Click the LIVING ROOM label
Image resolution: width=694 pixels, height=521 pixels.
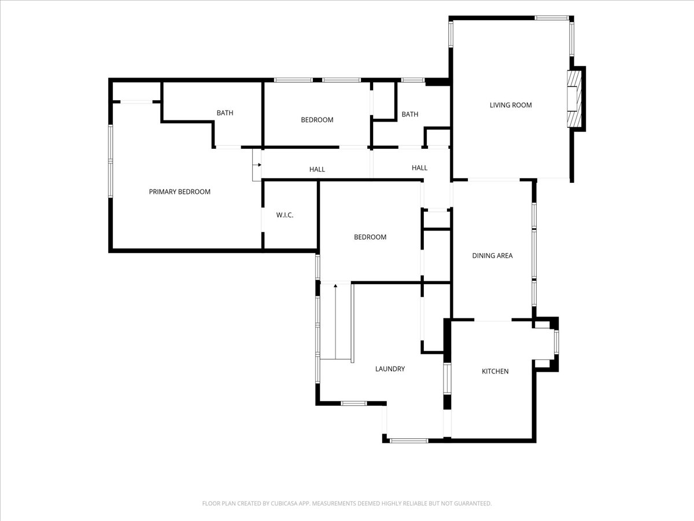(x=511, y=105)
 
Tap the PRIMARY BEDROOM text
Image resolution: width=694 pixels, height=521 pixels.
(x=180, y=192)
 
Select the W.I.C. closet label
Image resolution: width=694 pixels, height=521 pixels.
(x=285, y=215)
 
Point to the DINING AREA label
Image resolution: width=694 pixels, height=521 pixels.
(x=492, y=256)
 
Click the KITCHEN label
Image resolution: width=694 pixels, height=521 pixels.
(x=495, y=372)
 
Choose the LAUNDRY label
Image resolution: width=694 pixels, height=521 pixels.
(x=390, y=369)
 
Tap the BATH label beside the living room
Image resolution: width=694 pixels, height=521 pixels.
(x=410, y=114)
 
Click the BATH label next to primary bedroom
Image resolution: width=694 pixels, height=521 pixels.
(x=225, y=113)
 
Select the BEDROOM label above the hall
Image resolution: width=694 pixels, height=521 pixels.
(x=317, y=120)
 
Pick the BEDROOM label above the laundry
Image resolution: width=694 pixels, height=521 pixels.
(x=370, y=237)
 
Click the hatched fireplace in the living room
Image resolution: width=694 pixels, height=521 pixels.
(x=574, y=98)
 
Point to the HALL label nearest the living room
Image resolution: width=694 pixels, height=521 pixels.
(x=419, y=168)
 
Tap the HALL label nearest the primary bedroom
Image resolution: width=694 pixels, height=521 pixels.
(x=317, y=170)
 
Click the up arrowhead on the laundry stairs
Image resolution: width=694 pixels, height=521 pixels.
(x=335, y=286)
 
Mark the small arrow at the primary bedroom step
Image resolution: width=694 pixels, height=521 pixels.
(x=259, y=165)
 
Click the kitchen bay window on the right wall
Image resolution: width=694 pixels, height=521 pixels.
(x=556, y=342)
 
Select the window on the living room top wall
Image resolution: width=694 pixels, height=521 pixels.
(x=552, y=18)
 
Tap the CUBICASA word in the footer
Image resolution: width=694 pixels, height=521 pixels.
(x=283, y=503)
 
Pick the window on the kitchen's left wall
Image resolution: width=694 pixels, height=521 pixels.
(x=446, y=379)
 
